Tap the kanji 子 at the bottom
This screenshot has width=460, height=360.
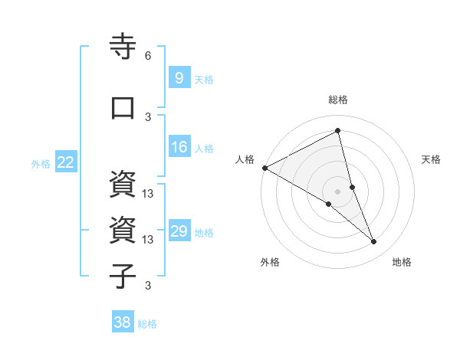coord(123,277)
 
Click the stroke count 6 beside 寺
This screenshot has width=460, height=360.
coord(148,56)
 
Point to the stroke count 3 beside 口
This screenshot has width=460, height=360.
coord(148,116)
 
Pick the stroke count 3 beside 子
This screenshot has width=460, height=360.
coord(148,286)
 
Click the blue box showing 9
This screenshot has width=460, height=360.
coord(179,77)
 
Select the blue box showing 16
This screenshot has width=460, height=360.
coord(179,147)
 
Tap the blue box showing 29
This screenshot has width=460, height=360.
coord(179,231)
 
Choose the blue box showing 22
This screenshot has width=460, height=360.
coord(66,162)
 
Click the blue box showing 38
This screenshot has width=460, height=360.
coord(122,322)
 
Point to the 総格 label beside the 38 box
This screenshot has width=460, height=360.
coord(147,324)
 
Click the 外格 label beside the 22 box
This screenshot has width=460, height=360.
coord(41,163)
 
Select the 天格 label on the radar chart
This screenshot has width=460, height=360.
coord(432,159)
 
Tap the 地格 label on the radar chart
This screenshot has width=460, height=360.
coord(402,262)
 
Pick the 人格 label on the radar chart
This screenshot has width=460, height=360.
coord(244,159)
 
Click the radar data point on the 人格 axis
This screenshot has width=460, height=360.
coord(264,167)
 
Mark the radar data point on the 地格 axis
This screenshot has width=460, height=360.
coord(374,242)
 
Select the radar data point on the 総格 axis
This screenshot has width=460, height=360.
coord(337,130)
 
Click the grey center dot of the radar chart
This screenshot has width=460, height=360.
coord(337,191)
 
